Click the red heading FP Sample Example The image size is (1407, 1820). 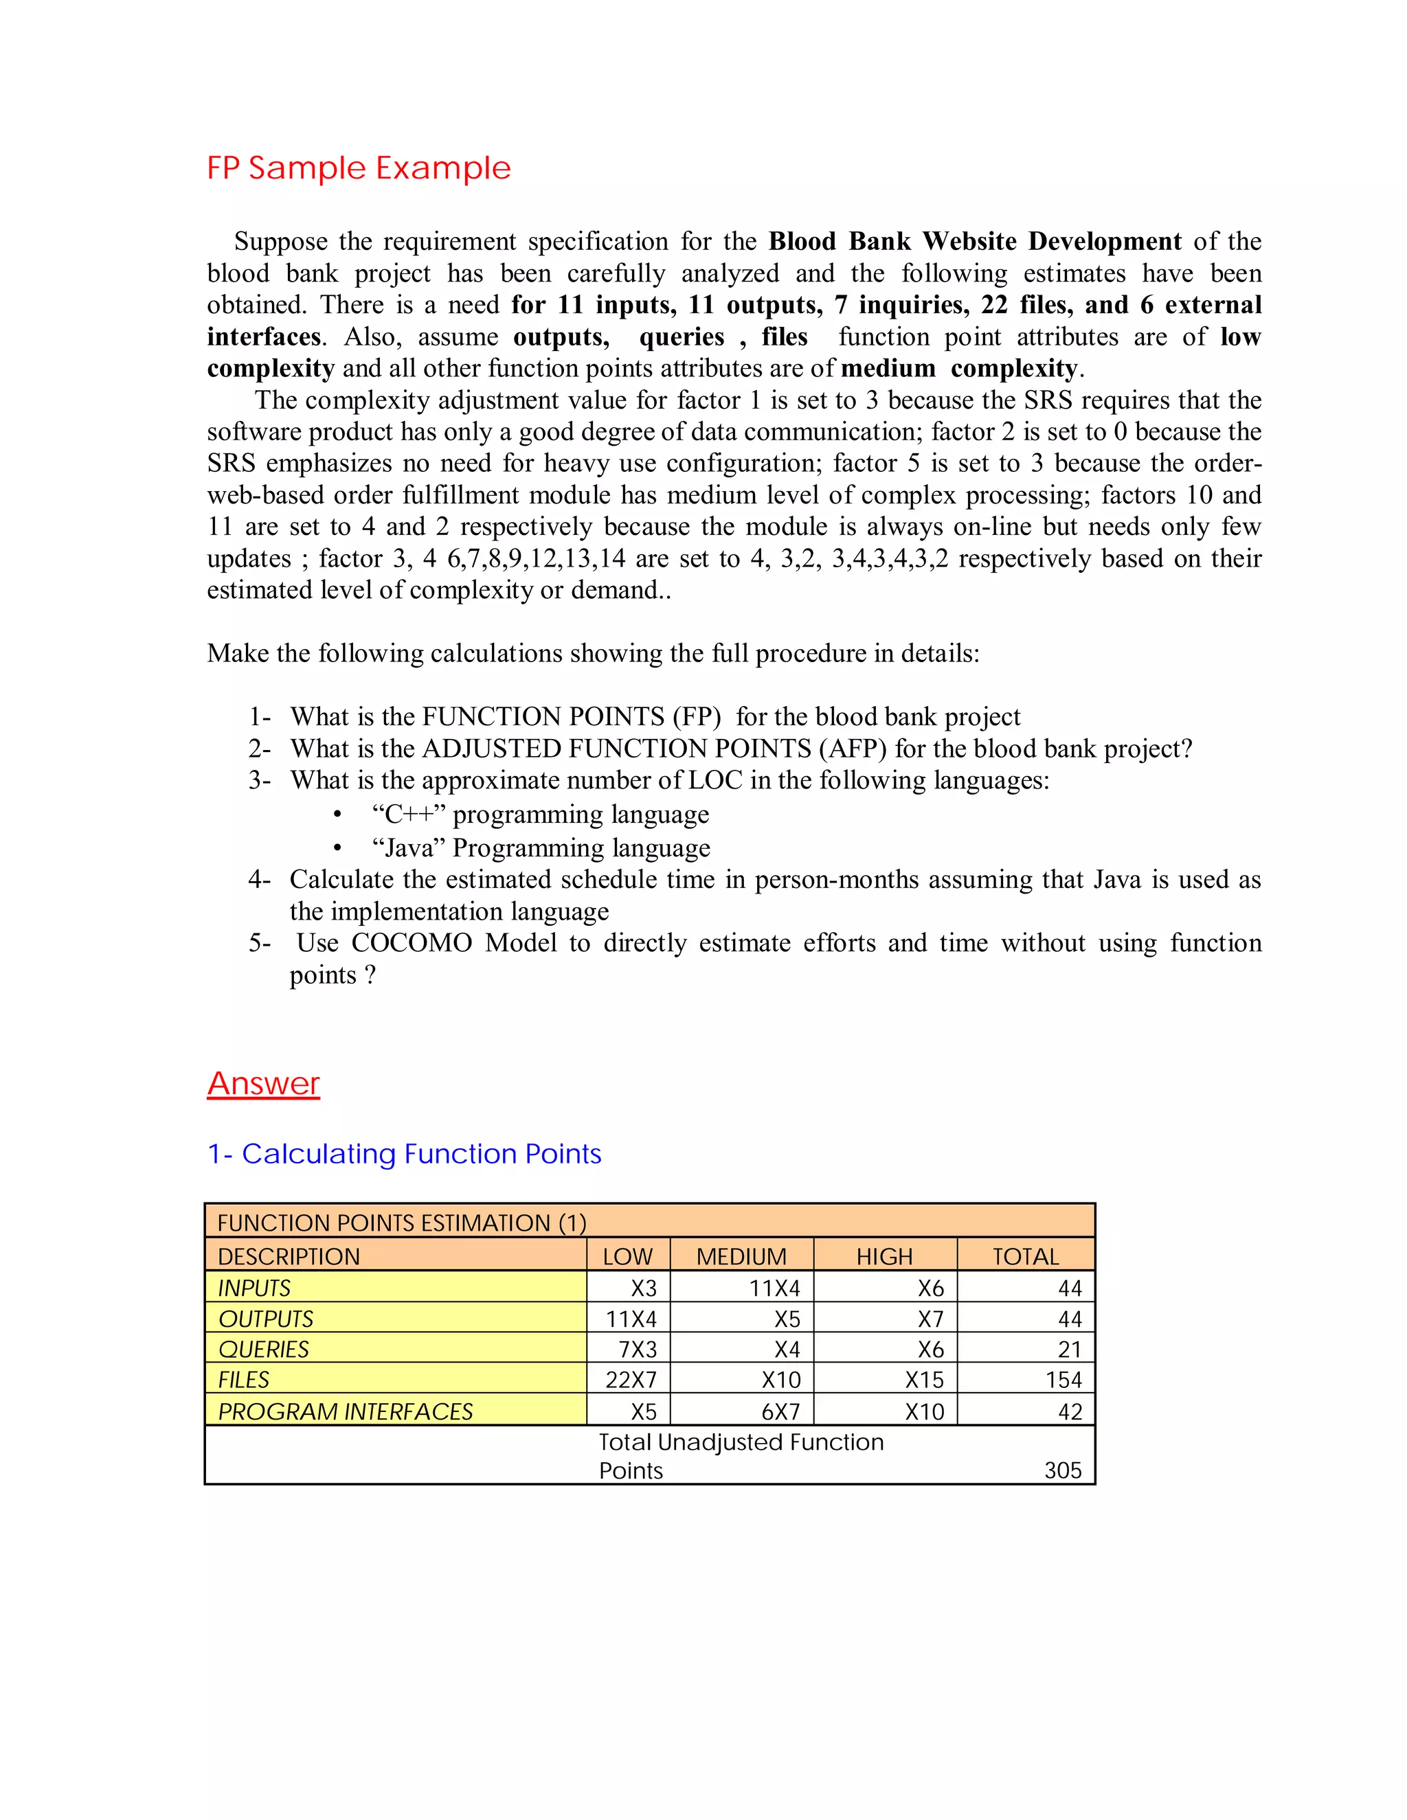pos(359,168)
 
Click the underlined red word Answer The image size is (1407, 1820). pos(263,1083)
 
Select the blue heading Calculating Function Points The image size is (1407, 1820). pos(404,1154)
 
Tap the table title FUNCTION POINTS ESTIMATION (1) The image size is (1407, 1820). pos(402,1222)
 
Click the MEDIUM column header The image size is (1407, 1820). pos(741,1256)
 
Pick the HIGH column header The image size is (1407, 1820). pos(884,1256)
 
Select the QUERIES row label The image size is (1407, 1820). pos(263,1349)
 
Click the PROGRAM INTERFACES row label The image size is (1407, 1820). pos(345,1411)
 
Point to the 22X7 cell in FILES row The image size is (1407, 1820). pos(631,1380)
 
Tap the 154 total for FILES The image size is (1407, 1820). pos(1063,1380)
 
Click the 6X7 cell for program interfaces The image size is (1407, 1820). pos(780,1411)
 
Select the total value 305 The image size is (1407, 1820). pos(1063,1470)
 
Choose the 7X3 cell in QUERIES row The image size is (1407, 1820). pos(637,1349)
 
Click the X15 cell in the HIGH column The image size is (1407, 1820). pos(925,1380)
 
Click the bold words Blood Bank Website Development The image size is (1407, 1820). pos(974,242)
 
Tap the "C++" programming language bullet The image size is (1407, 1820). pos(540,814)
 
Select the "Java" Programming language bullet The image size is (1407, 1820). pos(541,848)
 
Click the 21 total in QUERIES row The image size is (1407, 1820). pos(1070,1349)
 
